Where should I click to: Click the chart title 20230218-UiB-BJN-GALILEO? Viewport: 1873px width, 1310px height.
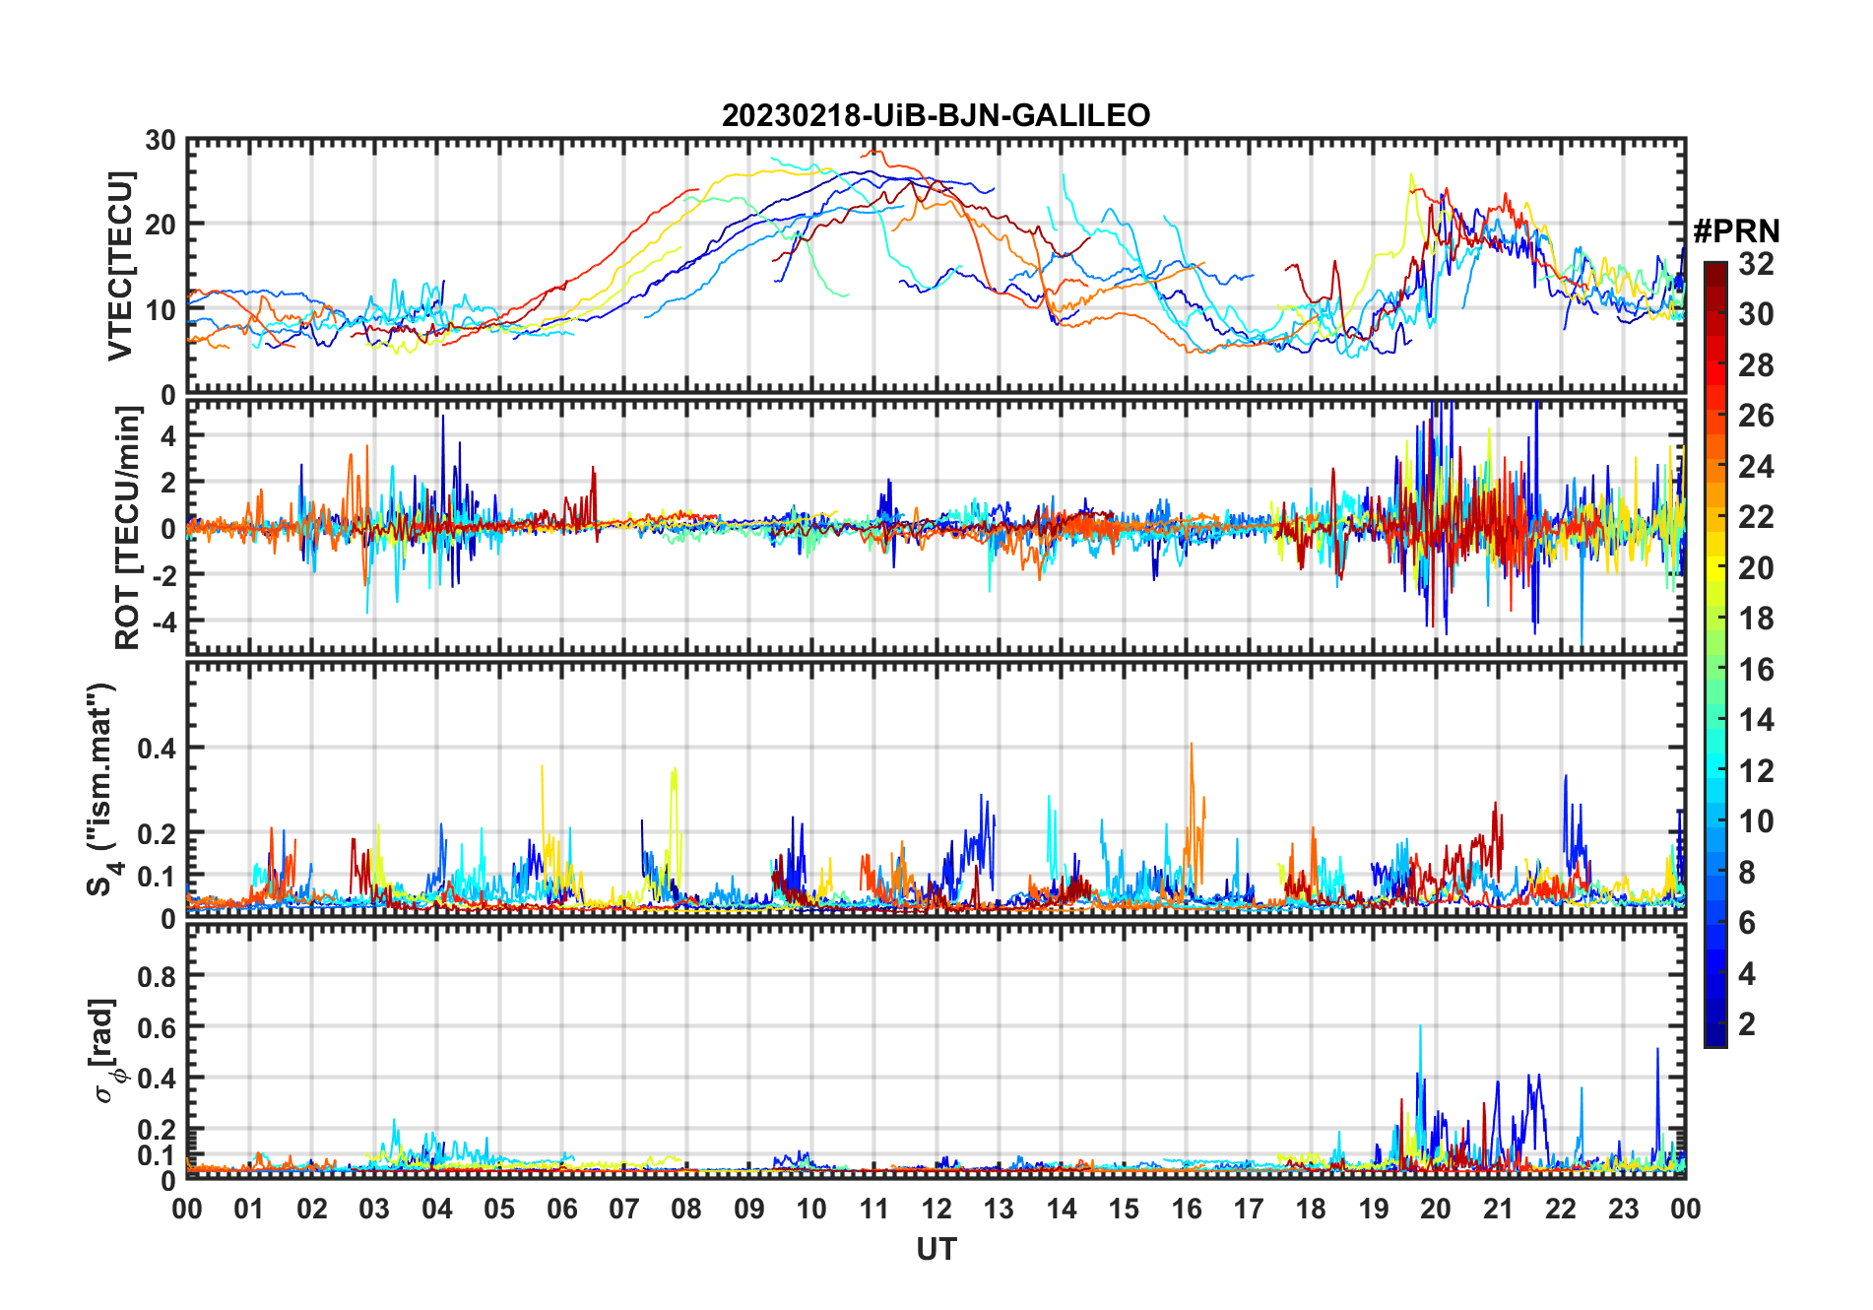click(936, 116)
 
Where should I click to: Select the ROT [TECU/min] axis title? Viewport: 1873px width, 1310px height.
click(127, 528)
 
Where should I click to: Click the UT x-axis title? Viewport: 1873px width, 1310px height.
click(936, 1250)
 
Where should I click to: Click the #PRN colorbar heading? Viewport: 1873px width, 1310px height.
click(1736, 232)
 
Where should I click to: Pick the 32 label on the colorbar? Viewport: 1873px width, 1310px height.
click(1756, 264)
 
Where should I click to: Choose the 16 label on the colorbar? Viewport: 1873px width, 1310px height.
click(1756, 670)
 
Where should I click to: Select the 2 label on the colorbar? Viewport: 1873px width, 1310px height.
click(1747, 1024)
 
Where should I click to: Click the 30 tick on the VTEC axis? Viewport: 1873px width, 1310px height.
click(161, 141)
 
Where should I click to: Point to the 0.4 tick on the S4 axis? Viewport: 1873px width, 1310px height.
click(157, 749)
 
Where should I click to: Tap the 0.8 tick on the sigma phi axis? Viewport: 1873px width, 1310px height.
click(157, 976)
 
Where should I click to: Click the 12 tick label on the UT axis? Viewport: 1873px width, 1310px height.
click(936, 1210)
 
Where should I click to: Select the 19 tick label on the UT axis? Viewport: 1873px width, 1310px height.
click(1373, 1210)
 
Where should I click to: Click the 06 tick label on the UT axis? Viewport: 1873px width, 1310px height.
click(561, 1210)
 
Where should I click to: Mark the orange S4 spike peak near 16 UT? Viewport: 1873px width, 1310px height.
click(1192, 745)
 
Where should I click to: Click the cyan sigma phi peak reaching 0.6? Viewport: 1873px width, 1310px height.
click(1420, 1027)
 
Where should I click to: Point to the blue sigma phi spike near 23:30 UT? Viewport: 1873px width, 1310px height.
click(1657, 1050)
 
